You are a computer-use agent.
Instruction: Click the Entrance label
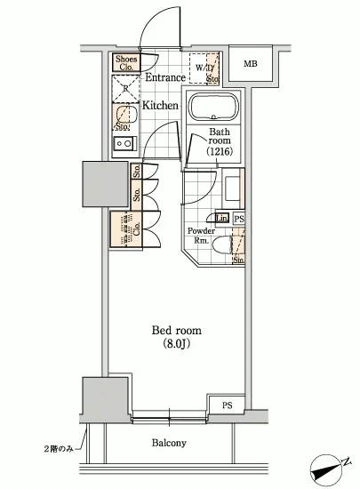click(164, 78)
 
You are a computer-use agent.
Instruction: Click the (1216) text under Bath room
click(220, 152)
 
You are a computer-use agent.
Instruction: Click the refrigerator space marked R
click(124, 87)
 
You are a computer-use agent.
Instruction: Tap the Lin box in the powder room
click(221, 219)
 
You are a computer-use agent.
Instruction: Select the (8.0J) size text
click(174, 345)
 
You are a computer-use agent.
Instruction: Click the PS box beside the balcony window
click(228, 406)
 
